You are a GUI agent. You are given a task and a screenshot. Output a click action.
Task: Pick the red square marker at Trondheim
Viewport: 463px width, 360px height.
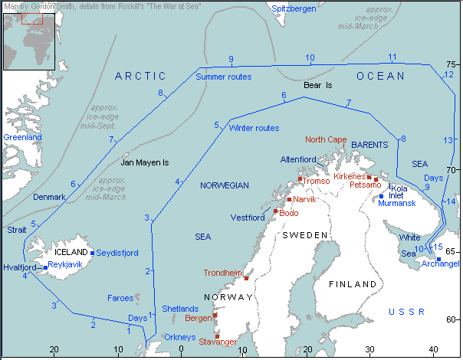click(x=246, y=278)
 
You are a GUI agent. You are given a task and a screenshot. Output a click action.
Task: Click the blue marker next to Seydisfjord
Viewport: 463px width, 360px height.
click(x=93, y=253)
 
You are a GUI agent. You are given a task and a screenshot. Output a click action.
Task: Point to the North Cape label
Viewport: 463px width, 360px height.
click(x=326, y=139)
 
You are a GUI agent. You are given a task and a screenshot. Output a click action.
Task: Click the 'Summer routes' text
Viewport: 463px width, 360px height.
click(x=224, y=77)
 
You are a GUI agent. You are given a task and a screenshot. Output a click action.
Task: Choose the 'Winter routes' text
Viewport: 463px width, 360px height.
click(x=254, y=128)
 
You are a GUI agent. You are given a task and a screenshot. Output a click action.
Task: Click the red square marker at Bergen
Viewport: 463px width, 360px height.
click(x=215, y=315)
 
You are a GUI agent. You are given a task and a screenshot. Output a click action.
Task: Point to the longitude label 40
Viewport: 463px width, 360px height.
click(x=434, y=350)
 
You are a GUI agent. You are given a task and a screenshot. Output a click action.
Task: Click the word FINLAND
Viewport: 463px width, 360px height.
click(x=352, y=283)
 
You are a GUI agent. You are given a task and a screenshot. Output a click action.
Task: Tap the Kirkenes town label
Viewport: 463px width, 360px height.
click(x=350, y=176)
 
